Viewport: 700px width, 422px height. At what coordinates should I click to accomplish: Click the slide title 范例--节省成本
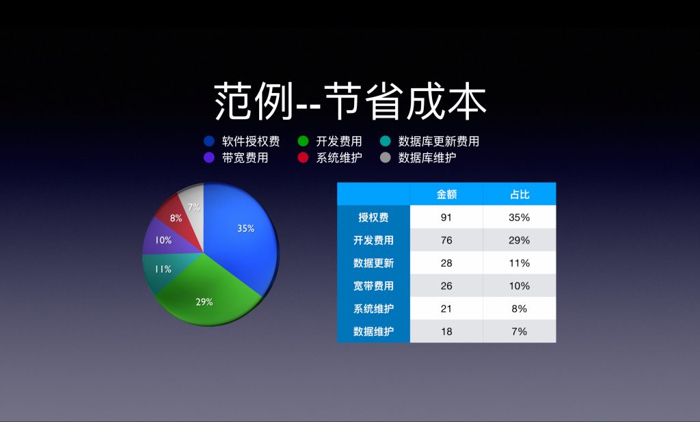pyautogui.click(x=350, y=101)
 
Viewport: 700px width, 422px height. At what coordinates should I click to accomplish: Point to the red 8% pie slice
pyautogui.click(x=178, y=217)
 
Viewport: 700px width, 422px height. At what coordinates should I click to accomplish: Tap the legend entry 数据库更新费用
pyautogui.click(x=438, y=142)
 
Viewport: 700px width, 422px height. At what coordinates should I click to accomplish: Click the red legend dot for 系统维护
pyautogui.click(x=304, y=158)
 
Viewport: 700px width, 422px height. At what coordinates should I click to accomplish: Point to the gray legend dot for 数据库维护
pyautogui.click(x=386, y=158)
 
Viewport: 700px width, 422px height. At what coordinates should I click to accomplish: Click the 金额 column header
pyautogui.click(x=446, y=194)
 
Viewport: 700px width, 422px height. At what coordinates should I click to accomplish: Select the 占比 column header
pyautogui.click(x=520, y=194)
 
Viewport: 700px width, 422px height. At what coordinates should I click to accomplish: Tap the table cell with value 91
pyautogui.click(x=446, y=217)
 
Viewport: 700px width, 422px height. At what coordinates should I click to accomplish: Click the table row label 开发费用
pyautogui.click(x=373, y=240)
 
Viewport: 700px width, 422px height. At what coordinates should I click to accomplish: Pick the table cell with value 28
pyautogui.click(x=446, y=263)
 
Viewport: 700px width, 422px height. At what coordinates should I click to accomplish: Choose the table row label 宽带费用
pyautogui.click(x=373, y=286)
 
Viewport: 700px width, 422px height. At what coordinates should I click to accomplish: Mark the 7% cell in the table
pyautogui.click(x=520, y=331)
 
